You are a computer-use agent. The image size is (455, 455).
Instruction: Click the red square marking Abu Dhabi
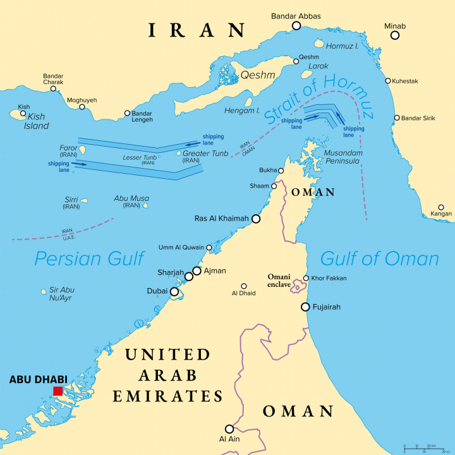pyautogui.click(x=58, y=391)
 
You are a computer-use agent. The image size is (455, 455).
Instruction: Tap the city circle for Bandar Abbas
pyautogui.click(x=296, y=25)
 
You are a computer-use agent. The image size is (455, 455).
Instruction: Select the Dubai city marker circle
pyautogui.click(x=174, y=291)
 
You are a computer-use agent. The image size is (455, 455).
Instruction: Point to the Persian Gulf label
pyautogui.click(x=89, y=258)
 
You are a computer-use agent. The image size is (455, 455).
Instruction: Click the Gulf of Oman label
pyautogui.click(x=379, y=258)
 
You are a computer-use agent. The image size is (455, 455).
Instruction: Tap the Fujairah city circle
pyautogui.click(x=305, y=307)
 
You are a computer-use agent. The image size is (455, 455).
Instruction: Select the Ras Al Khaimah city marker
pyautogui.click(x=256, y=219)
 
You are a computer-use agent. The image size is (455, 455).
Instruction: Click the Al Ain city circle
pyautogui.click(x=230, y=428)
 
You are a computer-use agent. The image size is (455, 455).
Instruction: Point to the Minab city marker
pyautogui.click(x=395, y=35)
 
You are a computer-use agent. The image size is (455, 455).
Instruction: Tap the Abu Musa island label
pyautogui.click(x=131, y=201)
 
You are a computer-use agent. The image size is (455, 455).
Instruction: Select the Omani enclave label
pyautogui.click(x=279, y=281)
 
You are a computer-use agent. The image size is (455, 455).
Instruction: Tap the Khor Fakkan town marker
pyautogui.click(x=306, y=278)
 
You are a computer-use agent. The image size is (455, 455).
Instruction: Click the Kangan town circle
pyautogui.click(x=441, y=207)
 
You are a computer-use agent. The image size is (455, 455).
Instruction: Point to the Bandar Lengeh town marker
pyautogui.click(x=127, y=114)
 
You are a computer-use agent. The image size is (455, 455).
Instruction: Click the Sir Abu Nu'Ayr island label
pyautogui.click(x=62, y=294)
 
